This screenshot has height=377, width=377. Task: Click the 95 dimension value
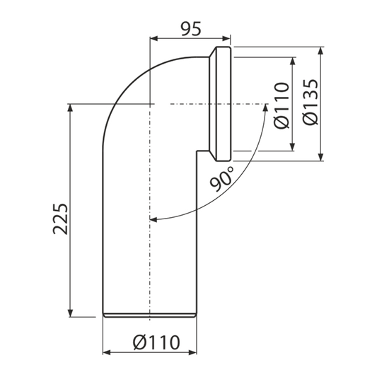191,29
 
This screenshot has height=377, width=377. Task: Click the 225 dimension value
60,219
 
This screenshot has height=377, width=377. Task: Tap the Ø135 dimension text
311,102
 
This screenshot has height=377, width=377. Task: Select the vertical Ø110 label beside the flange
282,105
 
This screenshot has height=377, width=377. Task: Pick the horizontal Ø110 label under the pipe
156,342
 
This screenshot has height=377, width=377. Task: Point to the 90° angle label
221,179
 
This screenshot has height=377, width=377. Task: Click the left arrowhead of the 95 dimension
153,38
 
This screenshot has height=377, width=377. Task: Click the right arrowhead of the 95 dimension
226,38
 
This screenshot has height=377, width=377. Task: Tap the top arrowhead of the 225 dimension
70,108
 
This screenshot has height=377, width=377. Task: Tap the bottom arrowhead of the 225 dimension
70,313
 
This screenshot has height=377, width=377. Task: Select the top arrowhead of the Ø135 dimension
320,51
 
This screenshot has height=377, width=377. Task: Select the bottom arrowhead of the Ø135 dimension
320,157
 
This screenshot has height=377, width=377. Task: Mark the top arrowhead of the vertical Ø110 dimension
292,61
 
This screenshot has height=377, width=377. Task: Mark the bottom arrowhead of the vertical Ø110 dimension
292,147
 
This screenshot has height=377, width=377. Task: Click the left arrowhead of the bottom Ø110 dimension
107,352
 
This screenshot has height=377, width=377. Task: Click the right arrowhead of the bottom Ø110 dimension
193,352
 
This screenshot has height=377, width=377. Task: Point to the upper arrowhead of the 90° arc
265,108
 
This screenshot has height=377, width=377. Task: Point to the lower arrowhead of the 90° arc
153,219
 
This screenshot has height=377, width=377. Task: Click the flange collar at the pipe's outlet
221,104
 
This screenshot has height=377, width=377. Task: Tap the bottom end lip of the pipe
150,315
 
